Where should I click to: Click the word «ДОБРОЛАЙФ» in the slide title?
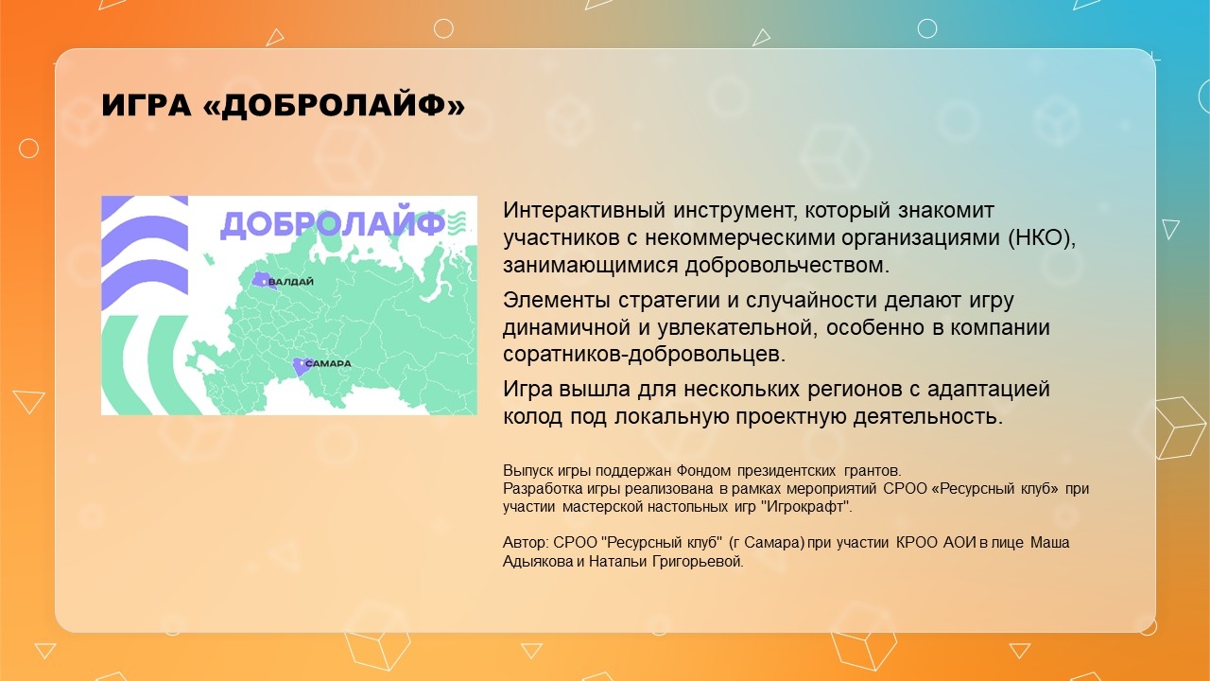pyautogui.click(x=335, y=104)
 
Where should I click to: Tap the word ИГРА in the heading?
pyautogui.click(x=147, y=105)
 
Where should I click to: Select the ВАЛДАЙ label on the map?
pyautogui.click(x=290, y=282)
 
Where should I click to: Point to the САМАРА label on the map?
pyautogui.click(x=328, y=364)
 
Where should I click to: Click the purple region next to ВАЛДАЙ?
pyautogui.click(x=262, y=281)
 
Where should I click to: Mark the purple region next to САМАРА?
pyautogui.click(x=301, y=366)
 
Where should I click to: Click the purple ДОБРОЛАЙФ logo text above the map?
pyautogui.click(x=333, y=223)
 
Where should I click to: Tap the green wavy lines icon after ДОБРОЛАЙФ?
pyautogui.click(x=457, y=222)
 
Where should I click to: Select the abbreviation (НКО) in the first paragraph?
pyautogui.click(x=1042, y=237)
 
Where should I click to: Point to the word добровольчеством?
pyautogui.click(x=787, y=265)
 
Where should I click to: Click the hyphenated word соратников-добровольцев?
pyautogui.click(x=644, y=354)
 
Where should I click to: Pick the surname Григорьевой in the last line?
pyautogui.click(x=698, y=562)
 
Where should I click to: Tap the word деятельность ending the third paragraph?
pyautogui.click(x=927, y=417)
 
